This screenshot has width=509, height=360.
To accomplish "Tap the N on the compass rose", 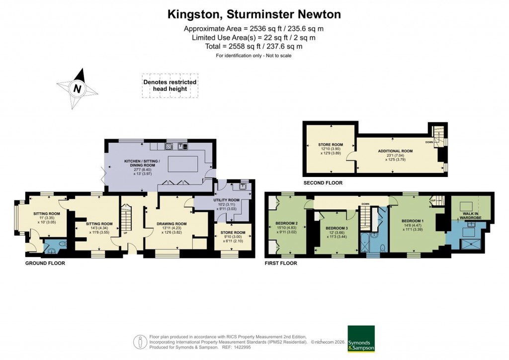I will [x=77, y=89].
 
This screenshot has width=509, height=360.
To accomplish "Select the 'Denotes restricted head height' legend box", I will [x=170, y=85].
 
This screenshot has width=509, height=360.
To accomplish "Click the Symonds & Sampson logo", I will [x=361, y=339].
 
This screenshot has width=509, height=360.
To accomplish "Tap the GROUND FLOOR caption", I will [x=45, y=263].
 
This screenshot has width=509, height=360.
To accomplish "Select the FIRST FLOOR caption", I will [x=281, y=263].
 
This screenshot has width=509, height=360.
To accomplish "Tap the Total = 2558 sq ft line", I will [x=254, y=46].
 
